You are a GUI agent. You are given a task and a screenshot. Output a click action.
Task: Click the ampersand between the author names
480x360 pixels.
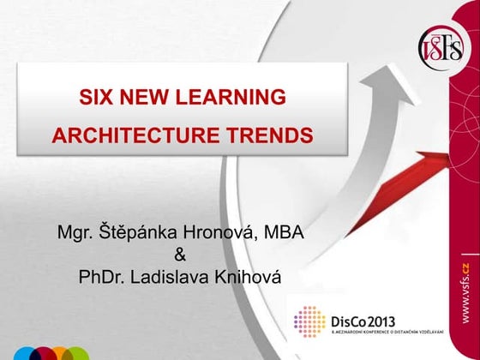pos(179,255)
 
